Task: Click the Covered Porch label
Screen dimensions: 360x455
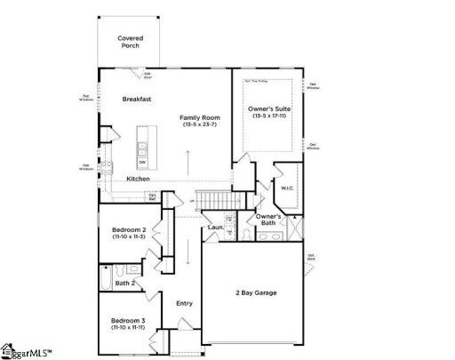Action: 131,43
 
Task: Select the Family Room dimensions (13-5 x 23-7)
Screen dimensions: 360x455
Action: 199,124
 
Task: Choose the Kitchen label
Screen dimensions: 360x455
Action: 137,180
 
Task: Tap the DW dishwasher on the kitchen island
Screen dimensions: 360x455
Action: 142,162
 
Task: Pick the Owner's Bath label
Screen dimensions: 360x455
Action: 268,219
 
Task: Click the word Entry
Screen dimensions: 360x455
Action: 183,303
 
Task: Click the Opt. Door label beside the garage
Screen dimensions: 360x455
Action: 311,257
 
